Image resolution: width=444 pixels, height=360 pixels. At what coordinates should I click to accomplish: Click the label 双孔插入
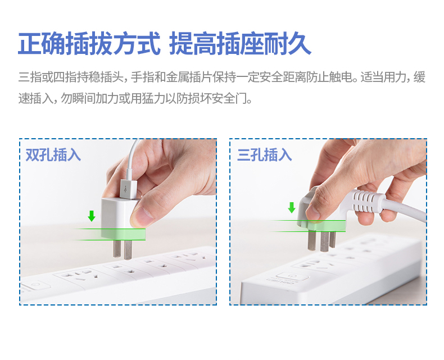coord(53,155)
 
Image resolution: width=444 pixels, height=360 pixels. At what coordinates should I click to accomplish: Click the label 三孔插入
coord(265,155)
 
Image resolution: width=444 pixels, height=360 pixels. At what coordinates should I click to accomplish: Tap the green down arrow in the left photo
coord(92,216)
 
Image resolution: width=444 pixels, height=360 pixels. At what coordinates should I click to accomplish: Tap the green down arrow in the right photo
coord(292,207)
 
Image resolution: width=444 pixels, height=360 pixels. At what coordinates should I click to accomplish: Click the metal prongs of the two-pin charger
coord(123,249)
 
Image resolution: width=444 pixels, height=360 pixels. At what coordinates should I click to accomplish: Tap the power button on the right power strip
coord(292,276)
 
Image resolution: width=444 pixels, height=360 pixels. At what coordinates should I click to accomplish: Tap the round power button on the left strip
coord(37,284)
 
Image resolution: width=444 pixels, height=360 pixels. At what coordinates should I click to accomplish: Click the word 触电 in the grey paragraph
coord(341,77)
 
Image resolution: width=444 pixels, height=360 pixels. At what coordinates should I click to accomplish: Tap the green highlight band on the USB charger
coord(123,234)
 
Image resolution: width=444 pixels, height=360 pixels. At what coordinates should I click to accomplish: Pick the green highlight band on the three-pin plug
coord(321,226)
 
